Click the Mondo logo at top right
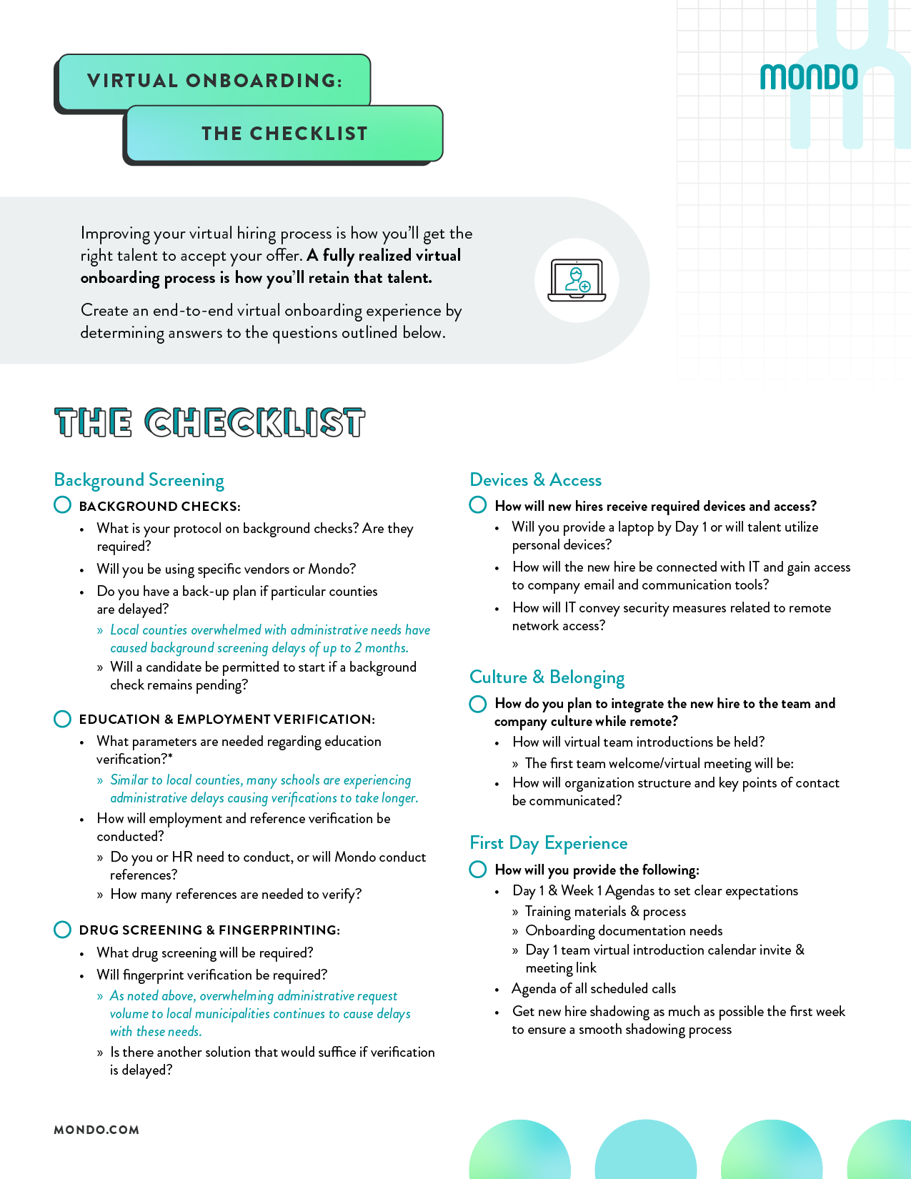[809, 77]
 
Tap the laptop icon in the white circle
[577, 280]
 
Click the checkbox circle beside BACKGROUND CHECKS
[63, 505]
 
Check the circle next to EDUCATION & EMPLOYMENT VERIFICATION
[63, 718]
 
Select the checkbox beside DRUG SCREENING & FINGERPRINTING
[63, 929]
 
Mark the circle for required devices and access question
[478, 504]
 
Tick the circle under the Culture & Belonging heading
[478, 704]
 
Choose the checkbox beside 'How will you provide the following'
[478, 869]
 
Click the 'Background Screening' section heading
[139, 480]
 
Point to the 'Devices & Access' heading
[536, 480]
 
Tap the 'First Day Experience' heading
[549, 843]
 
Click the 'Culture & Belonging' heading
[547, 677]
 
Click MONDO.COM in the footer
[96, 1130]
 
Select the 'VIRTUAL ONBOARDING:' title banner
[214, 81]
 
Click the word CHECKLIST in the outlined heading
[255, 423]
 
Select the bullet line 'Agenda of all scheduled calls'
[594, 989]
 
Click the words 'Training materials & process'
[605, 912]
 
